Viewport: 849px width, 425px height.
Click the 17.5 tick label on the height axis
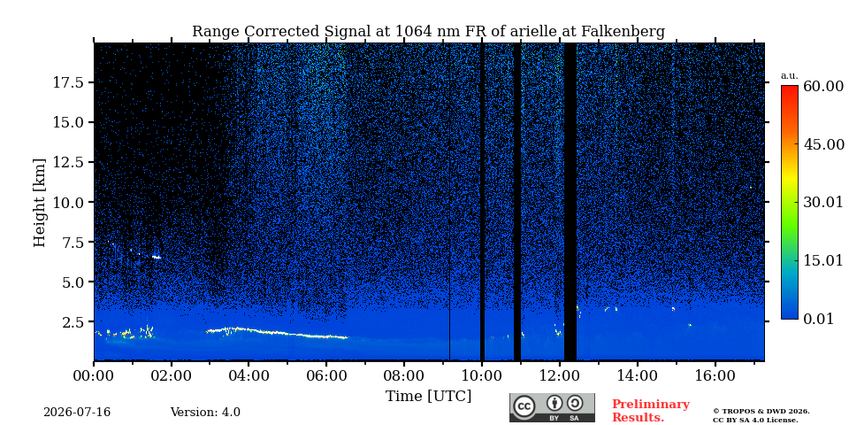67,82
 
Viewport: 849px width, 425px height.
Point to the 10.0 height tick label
67,202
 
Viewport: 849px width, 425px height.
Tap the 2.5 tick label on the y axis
73,322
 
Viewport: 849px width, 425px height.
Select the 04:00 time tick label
249,376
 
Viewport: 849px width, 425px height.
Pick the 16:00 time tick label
715,376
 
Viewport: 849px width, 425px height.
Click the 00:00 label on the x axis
95,376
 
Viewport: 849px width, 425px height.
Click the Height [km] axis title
40,203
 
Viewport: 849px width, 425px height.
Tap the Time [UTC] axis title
428,397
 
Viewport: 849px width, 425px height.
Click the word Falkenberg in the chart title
623,32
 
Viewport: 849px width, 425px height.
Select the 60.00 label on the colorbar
823,86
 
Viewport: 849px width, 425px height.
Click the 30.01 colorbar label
823,202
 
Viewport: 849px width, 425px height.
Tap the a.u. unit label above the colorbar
789,76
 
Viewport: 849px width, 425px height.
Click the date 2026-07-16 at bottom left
77,413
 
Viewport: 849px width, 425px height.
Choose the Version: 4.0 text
205,413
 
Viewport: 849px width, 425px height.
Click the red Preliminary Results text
651,410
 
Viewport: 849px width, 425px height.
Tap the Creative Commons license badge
552,407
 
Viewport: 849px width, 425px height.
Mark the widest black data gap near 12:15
570,202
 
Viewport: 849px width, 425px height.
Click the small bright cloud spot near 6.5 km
157,257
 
